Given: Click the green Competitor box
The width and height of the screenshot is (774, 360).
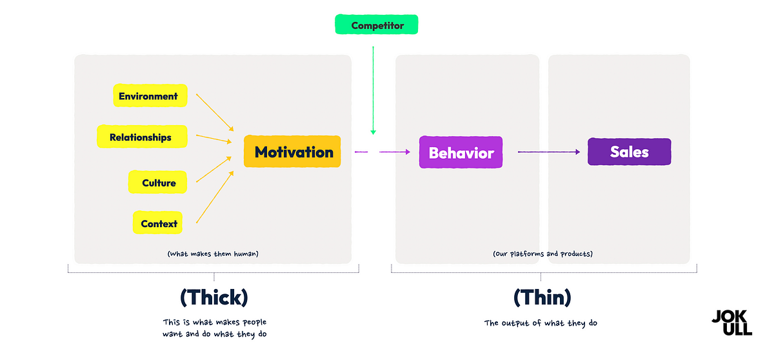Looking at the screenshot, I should (x=377, y=26).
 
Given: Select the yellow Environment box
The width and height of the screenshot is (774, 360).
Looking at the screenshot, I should (x=150, y=96).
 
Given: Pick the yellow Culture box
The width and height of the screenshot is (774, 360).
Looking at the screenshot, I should (x=158, y=183).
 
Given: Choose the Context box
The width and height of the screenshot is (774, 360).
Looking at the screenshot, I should (x=158, y=223).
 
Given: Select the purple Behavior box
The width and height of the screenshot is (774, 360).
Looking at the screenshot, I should (x=461, y=153).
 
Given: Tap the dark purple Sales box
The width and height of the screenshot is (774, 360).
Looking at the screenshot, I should (x=629, y=152).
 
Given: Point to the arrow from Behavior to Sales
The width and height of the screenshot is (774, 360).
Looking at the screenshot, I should (x=548, y=152).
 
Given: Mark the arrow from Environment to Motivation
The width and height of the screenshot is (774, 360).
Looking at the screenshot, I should (x=214, y=112).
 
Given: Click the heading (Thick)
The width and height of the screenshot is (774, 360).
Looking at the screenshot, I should (x=213, y=297).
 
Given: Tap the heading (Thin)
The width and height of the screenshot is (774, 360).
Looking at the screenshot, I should (x=542, y=297).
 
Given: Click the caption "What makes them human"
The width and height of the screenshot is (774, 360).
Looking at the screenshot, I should (x=213, y=254).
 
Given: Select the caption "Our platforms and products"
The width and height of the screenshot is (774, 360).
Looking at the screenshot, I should (x=542, y=254).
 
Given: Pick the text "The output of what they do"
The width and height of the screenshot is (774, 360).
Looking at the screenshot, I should (x=541, y=323).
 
